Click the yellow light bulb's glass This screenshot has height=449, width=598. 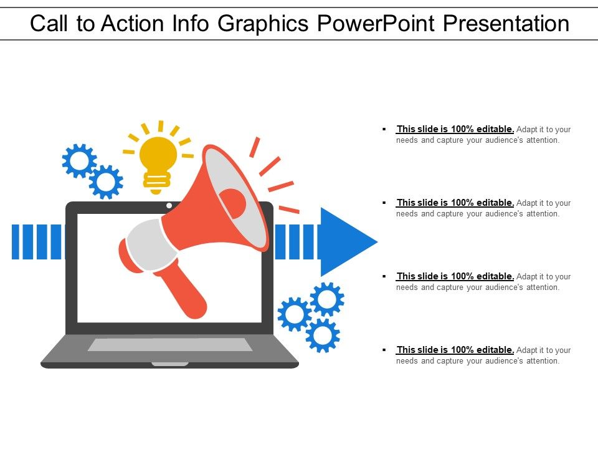point(158,153)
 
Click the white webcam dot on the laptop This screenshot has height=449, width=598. point(169,205)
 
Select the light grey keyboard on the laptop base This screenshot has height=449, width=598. point(169,344)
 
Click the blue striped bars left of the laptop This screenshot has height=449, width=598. point(37,241)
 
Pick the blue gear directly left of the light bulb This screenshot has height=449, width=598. point(106,181)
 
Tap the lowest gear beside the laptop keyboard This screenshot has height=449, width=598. point(322,336)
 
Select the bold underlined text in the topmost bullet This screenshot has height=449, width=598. point(455,129)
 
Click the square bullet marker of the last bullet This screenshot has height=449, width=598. point(382,350)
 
